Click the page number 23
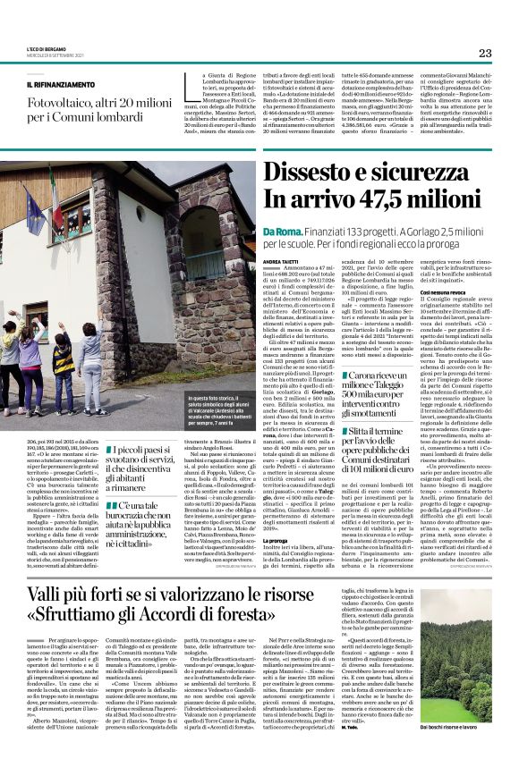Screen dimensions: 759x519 (485, 53)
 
